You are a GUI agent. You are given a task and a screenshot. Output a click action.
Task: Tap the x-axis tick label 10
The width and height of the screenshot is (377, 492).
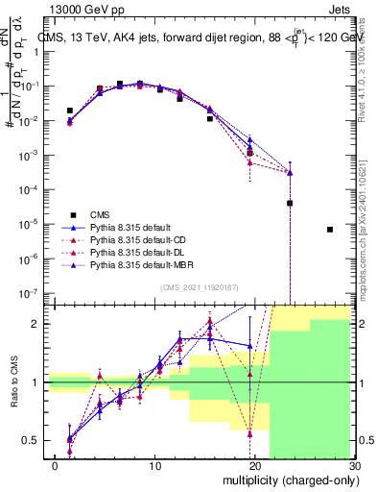click(142, 468)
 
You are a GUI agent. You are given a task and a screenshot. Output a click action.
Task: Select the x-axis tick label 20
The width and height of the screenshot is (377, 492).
click(248, 468)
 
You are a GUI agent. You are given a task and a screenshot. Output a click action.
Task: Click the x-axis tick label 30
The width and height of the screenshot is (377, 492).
click(354, 468)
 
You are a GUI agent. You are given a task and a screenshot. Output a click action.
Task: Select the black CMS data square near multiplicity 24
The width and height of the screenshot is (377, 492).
click(290, 203)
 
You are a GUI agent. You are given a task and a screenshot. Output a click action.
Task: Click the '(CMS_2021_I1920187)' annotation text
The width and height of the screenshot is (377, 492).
click(196, 287)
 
